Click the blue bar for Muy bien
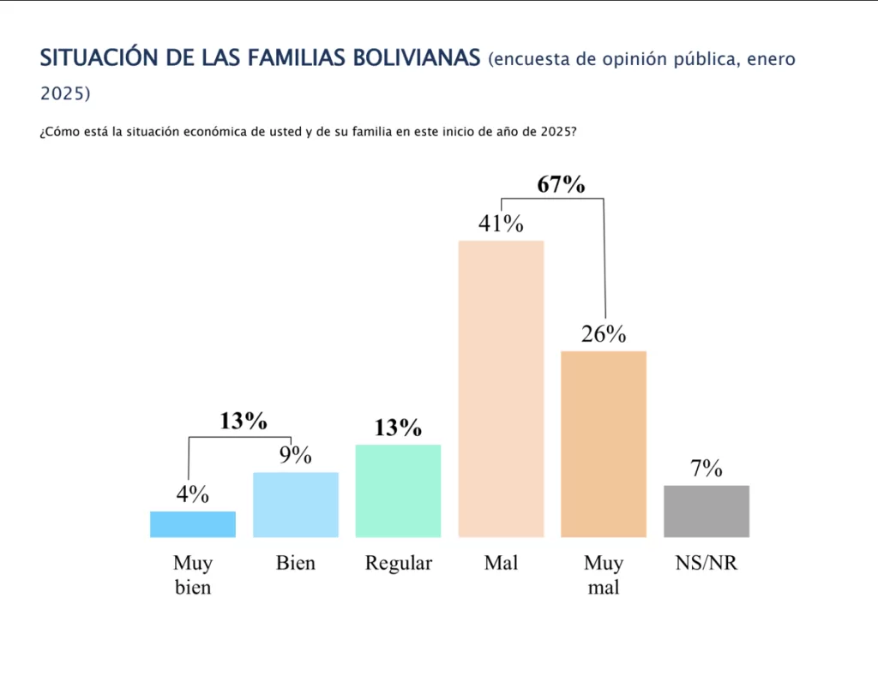tap(192, 524)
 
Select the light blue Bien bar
tap(295, 505)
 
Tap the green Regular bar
tap(398, 491)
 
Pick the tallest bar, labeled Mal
tap(501, 389)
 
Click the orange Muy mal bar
tap(604, 444)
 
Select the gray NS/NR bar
tap(707, 511)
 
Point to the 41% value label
tap(501, 224)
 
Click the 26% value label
tap(604, 335)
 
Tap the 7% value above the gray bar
tap(707, 469)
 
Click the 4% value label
tap(192, 494)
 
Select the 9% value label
tap(295, 455)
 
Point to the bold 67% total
tap(561, 184)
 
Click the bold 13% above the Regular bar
tap(398, 428)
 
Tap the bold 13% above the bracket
tap(244, 422)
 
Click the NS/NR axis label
tap(707, 564)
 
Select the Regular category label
tap(398, 564)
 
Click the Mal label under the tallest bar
tap(501, 564)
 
